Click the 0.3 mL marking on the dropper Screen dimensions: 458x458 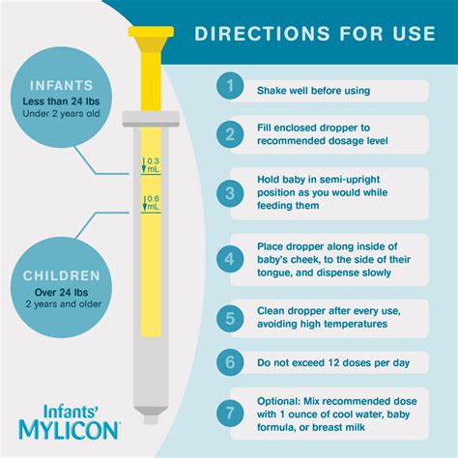152,164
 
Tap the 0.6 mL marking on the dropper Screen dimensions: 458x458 152,204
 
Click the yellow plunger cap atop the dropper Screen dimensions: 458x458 153,40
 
